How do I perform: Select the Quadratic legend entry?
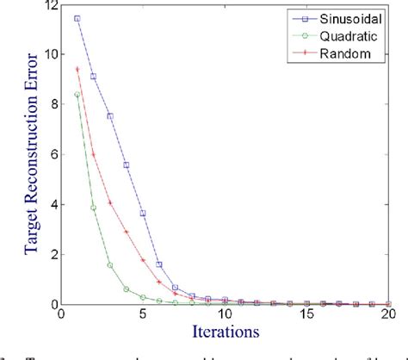[344, 35]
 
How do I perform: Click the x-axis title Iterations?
[226, 331]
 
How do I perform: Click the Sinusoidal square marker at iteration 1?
[77, 18]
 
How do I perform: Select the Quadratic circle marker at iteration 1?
[77, 95]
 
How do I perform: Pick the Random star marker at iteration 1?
[77, 69]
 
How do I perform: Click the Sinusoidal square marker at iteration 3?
[110, 115]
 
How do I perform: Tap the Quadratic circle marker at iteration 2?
[94, 208]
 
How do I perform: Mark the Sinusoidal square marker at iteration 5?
[143, 213]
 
